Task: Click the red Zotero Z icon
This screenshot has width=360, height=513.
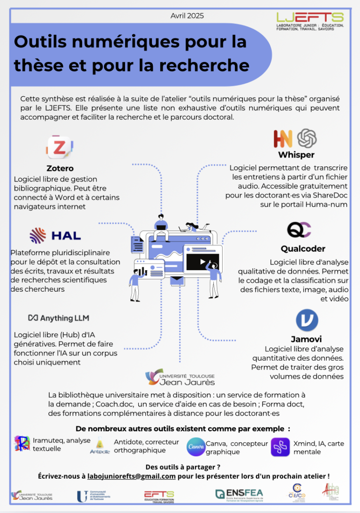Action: tap(60, 147)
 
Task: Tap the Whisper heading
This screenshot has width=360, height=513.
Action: tap(296, 155)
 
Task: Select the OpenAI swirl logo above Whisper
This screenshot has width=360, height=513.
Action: tap(307, 138)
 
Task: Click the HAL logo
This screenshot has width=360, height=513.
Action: tap(55, 235)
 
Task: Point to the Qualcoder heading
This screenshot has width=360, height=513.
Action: tap(303, 249)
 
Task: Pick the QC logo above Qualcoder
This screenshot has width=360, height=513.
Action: tap(299, 230)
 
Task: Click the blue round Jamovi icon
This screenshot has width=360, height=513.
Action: tap(307, 320)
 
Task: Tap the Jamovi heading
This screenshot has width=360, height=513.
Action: tap(306, 339)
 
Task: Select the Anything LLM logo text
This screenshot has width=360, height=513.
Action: tap(59, 318)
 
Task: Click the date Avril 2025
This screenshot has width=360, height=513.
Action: tap(187, 15)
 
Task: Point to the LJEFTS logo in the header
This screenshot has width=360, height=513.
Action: tap(310, 21)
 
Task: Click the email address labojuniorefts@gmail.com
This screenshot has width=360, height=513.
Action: tap(131, 476)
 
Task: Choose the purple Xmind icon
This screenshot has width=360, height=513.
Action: tap(280, 447)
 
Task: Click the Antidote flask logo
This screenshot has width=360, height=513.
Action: tap(100, 446)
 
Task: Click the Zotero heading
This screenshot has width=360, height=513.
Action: tap(60, 168)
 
